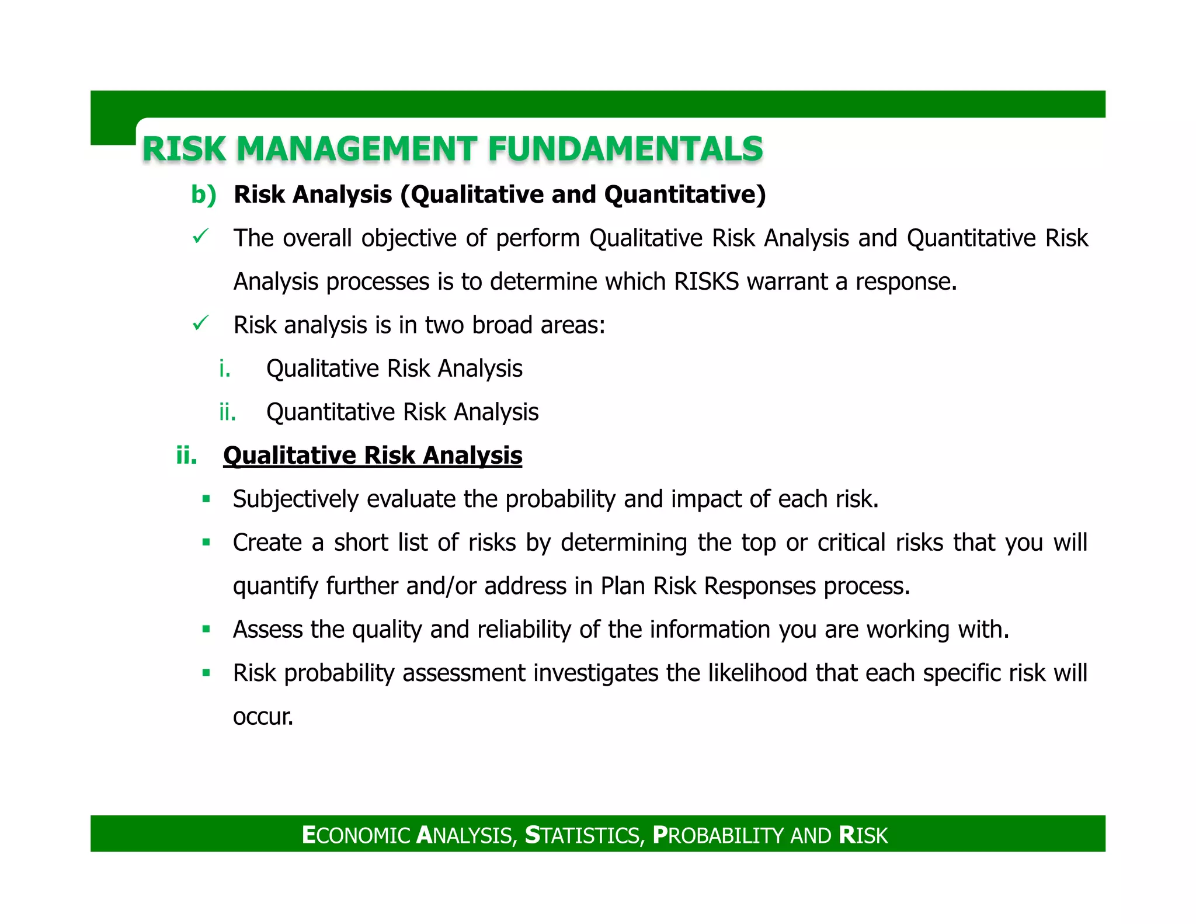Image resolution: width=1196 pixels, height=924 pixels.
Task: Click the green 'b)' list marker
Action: pos(203,194)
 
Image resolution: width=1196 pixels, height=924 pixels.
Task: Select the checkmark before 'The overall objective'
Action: pos(200,237)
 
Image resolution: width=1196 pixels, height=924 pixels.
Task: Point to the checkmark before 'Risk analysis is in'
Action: pos(200,323)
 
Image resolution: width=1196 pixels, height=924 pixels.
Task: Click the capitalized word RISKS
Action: pos(707,282)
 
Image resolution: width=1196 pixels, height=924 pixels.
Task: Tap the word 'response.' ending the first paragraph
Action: pos(906,282)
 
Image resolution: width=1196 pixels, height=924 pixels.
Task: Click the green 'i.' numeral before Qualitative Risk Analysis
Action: pos(225,369)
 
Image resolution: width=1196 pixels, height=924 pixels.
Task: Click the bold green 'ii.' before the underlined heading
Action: pos(187,456)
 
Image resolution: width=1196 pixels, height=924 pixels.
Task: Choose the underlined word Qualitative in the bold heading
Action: pos(290,456)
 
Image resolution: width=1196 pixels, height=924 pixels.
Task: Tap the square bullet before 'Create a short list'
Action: pos(206,542)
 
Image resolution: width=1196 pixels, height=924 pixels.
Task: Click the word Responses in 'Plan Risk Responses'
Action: pos(760,586)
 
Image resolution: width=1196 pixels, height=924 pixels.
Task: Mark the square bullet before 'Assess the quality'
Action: pos(206,629)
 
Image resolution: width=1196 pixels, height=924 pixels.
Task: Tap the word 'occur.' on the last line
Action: pos(263,717)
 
